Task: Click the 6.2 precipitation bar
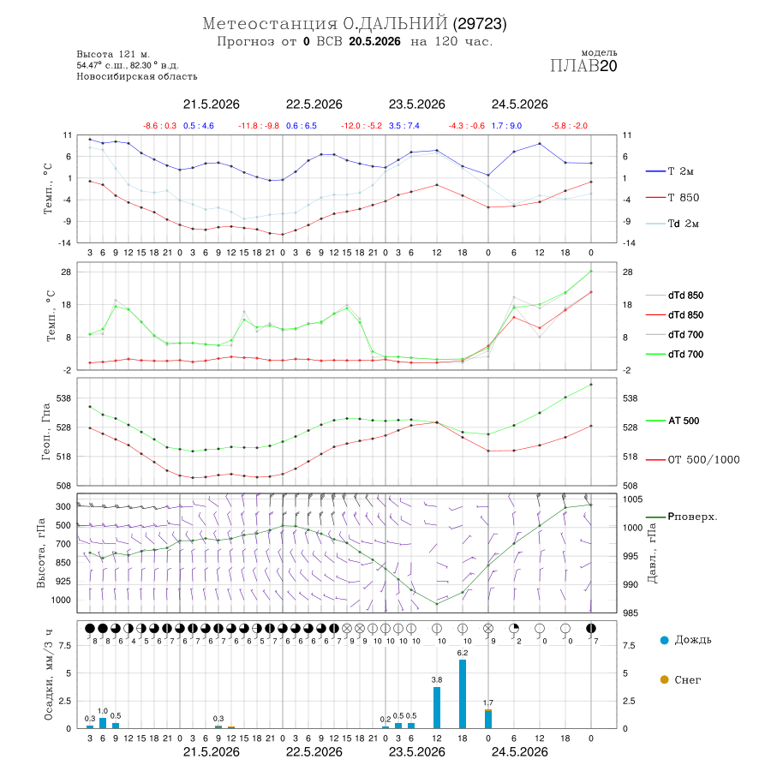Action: pyautogui.click(x=463, y=694)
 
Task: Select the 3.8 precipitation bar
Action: pyautogui.click(x=437, y=708)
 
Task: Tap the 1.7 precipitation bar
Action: pyautogui.click(x=487, y=719)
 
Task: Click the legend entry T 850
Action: pyautogui.click(x=672, y=198)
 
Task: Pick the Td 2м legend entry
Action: pyautogui.click(x=672, y=224)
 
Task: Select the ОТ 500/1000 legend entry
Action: pyautogui.click(x=692, y=460)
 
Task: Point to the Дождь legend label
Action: pyautogui.click(x=693, y=640)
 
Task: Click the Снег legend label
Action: pyautogui.click(x=687, y=679)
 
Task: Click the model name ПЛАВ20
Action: pyautogui.click(x=583, y=66)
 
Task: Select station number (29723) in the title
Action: pyautogui.click(x=480, y=24)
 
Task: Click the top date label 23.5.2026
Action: pyautogui.click(x=416, y=105)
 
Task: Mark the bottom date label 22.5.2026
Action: pyautogui.click(x=314, y=752)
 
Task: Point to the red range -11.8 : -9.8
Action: pyautogui.click(x=259, y=126)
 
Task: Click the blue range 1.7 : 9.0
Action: pyautogui.click(x=506, y=126)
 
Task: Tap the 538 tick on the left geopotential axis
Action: pyautogui.click(x=64, y=398)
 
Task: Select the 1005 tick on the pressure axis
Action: pyautogui.click(x=632, y=499)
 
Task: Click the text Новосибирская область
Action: pyautogui.click(x=137, y=76)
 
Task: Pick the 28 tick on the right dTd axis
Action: pyautogui.click(x=628, y=272)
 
